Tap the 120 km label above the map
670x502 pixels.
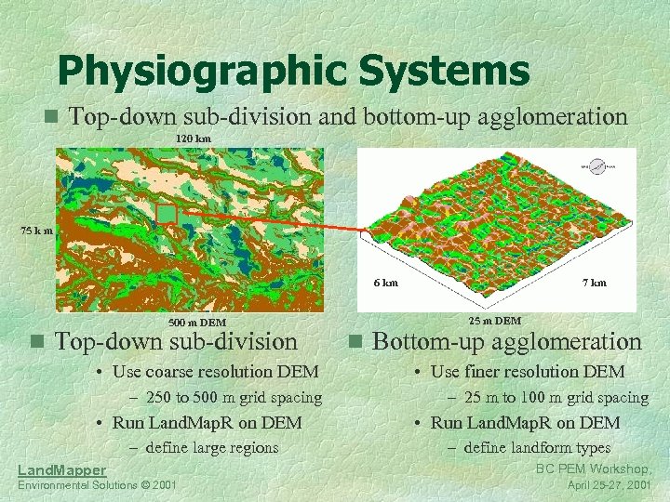tap(194, 138)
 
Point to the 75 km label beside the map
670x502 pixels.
tap(37, 231)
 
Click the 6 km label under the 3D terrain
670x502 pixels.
tap(385, 283)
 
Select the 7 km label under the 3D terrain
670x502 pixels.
tap(594, 283)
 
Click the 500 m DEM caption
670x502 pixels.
tap(197, 323)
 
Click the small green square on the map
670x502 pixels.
tap(167, 214)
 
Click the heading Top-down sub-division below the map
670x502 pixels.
tap(177, 342)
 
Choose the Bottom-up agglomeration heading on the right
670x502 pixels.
tap(507, 342)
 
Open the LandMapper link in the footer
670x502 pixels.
tap(61, 471)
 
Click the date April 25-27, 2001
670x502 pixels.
tap(608, 485)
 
